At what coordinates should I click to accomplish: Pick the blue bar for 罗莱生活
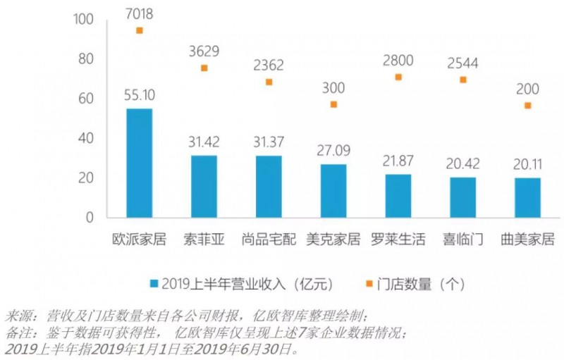(398, 195)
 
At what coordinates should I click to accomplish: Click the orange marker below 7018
(140, 30)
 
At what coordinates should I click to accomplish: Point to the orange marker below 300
(333, 104)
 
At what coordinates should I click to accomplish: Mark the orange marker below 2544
(463, 80)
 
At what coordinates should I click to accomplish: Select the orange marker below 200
(527, 106)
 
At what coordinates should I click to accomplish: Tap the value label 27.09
(333, 151)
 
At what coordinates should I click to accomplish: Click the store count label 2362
(269, 64)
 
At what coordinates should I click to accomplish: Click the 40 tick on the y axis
(86, 139)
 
